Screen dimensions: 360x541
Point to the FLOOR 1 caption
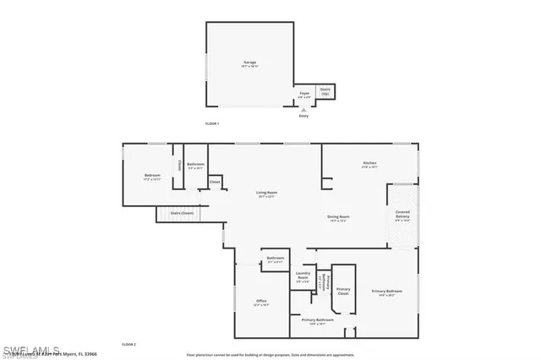pos(212,123)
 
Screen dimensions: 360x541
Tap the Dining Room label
pos(339,217)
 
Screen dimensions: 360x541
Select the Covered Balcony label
pos(402,215)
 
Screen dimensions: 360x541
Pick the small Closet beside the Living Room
pos(215,181)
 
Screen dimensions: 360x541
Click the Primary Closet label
pos(343,291)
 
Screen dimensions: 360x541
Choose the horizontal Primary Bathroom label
pos(319,320)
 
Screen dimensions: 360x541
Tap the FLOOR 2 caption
pos(128,344)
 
